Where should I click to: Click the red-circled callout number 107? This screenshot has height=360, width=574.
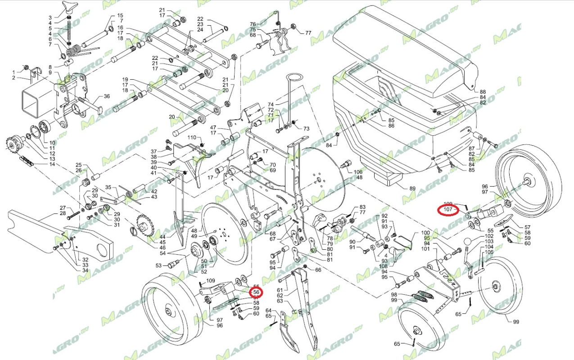point(447,210)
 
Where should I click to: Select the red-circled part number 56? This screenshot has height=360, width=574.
point(256,292)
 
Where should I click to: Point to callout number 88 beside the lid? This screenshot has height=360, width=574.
point(483,92)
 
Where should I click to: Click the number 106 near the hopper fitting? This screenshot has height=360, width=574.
point(358,172)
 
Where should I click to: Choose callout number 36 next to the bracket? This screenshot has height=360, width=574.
point(107,96)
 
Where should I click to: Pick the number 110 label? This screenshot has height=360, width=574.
point(192,137)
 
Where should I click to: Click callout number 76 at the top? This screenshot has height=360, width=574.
point(253,24)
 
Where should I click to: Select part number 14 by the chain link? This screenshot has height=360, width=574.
point(52,164)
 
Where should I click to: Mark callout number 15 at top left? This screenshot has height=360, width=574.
point(120,16)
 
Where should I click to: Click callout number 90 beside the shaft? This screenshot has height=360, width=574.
point(353,241)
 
